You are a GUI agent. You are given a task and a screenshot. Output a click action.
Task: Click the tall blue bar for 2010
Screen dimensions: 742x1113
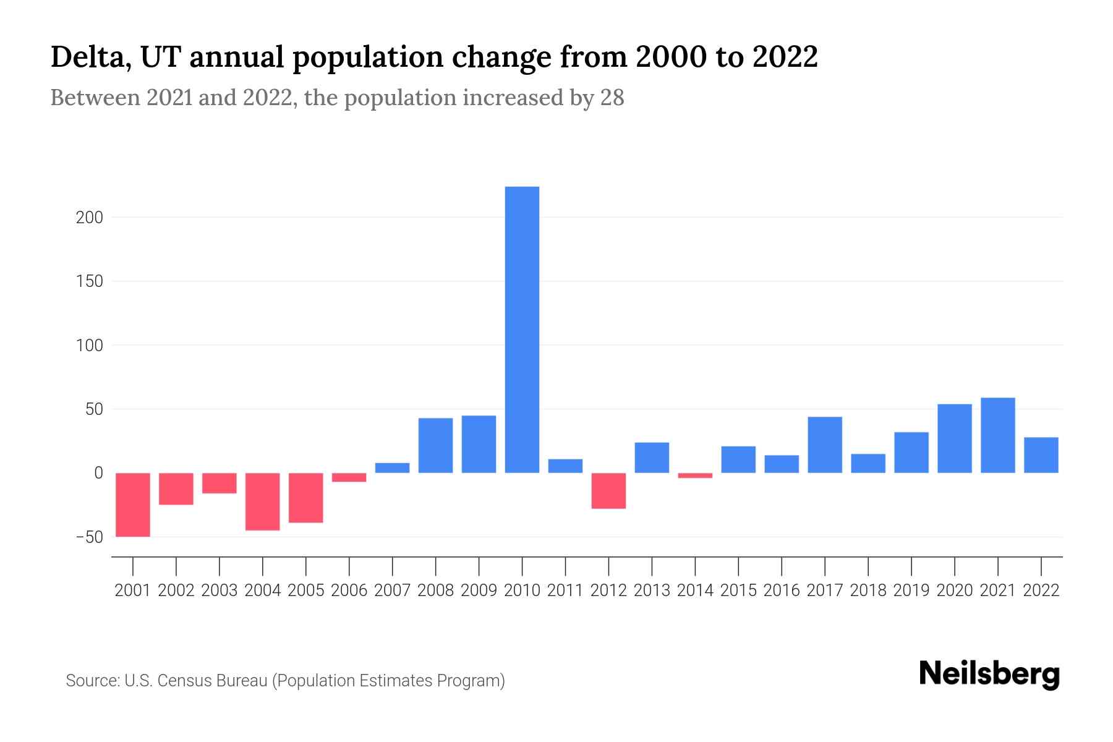click(x=522, y=330)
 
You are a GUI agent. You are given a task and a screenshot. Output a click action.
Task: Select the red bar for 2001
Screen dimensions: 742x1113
click(x=133, y=505)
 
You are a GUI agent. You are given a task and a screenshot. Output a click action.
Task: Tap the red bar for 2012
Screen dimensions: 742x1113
click(x=608, y=491)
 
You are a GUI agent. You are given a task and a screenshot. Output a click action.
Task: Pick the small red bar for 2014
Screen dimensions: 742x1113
click(x=695, y=475)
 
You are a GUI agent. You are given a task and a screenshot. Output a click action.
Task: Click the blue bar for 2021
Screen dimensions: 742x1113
click(x=997, y=435)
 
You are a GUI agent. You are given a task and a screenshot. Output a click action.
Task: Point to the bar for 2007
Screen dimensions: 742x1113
click(x=392, y=468)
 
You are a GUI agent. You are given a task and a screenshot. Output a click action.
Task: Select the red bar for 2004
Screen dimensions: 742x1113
click(x=263, y=501)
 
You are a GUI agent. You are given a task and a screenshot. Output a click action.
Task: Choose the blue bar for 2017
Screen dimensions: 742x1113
click(x=825, y=445)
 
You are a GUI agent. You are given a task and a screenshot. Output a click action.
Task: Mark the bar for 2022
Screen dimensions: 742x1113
click(x=1041, y=455)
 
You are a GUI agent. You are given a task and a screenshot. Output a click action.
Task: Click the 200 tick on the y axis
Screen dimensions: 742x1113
click(x=90, y=218)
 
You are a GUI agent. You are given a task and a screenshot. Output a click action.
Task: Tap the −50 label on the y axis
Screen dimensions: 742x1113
click(x=89, y=537)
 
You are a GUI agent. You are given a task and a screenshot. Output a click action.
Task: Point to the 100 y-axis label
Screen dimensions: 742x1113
click(x=90, y=345)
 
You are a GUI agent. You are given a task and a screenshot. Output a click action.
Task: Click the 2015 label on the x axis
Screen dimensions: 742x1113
click(x=738, y=591)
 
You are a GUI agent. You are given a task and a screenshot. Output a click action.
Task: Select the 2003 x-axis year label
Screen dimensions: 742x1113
click(x=220, y=591)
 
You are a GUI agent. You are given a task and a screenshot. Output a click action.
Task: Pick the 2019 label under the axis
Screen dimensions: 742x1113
click(x=911, y=591)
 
